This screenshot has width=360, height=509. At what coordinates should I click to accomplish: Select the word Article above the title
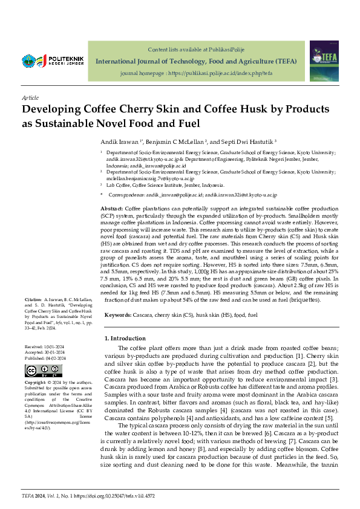tap(30, 97)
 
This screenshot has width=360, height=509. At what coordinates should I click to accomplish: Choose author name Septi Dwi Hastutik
tap(247, 141)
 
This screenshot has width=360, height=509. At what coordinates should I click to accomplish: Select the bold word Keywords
tap(117, 316)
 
